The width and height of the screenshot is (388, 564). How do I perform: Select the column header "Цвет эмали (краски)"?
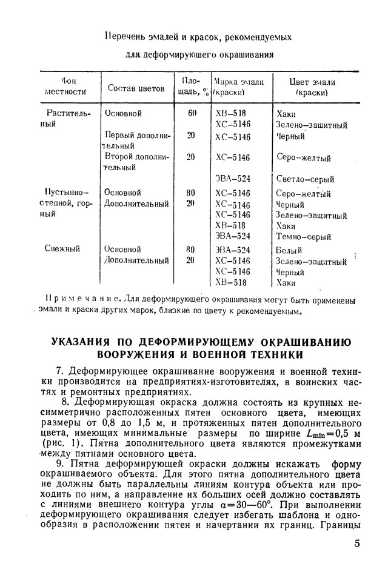312,88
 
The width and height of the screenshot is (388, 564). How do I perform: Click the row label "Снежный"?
63,248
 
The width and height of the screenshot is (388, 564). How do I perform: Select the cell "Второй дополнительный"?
136,162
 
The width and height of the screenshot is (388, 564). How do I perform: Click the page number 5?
357,543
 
